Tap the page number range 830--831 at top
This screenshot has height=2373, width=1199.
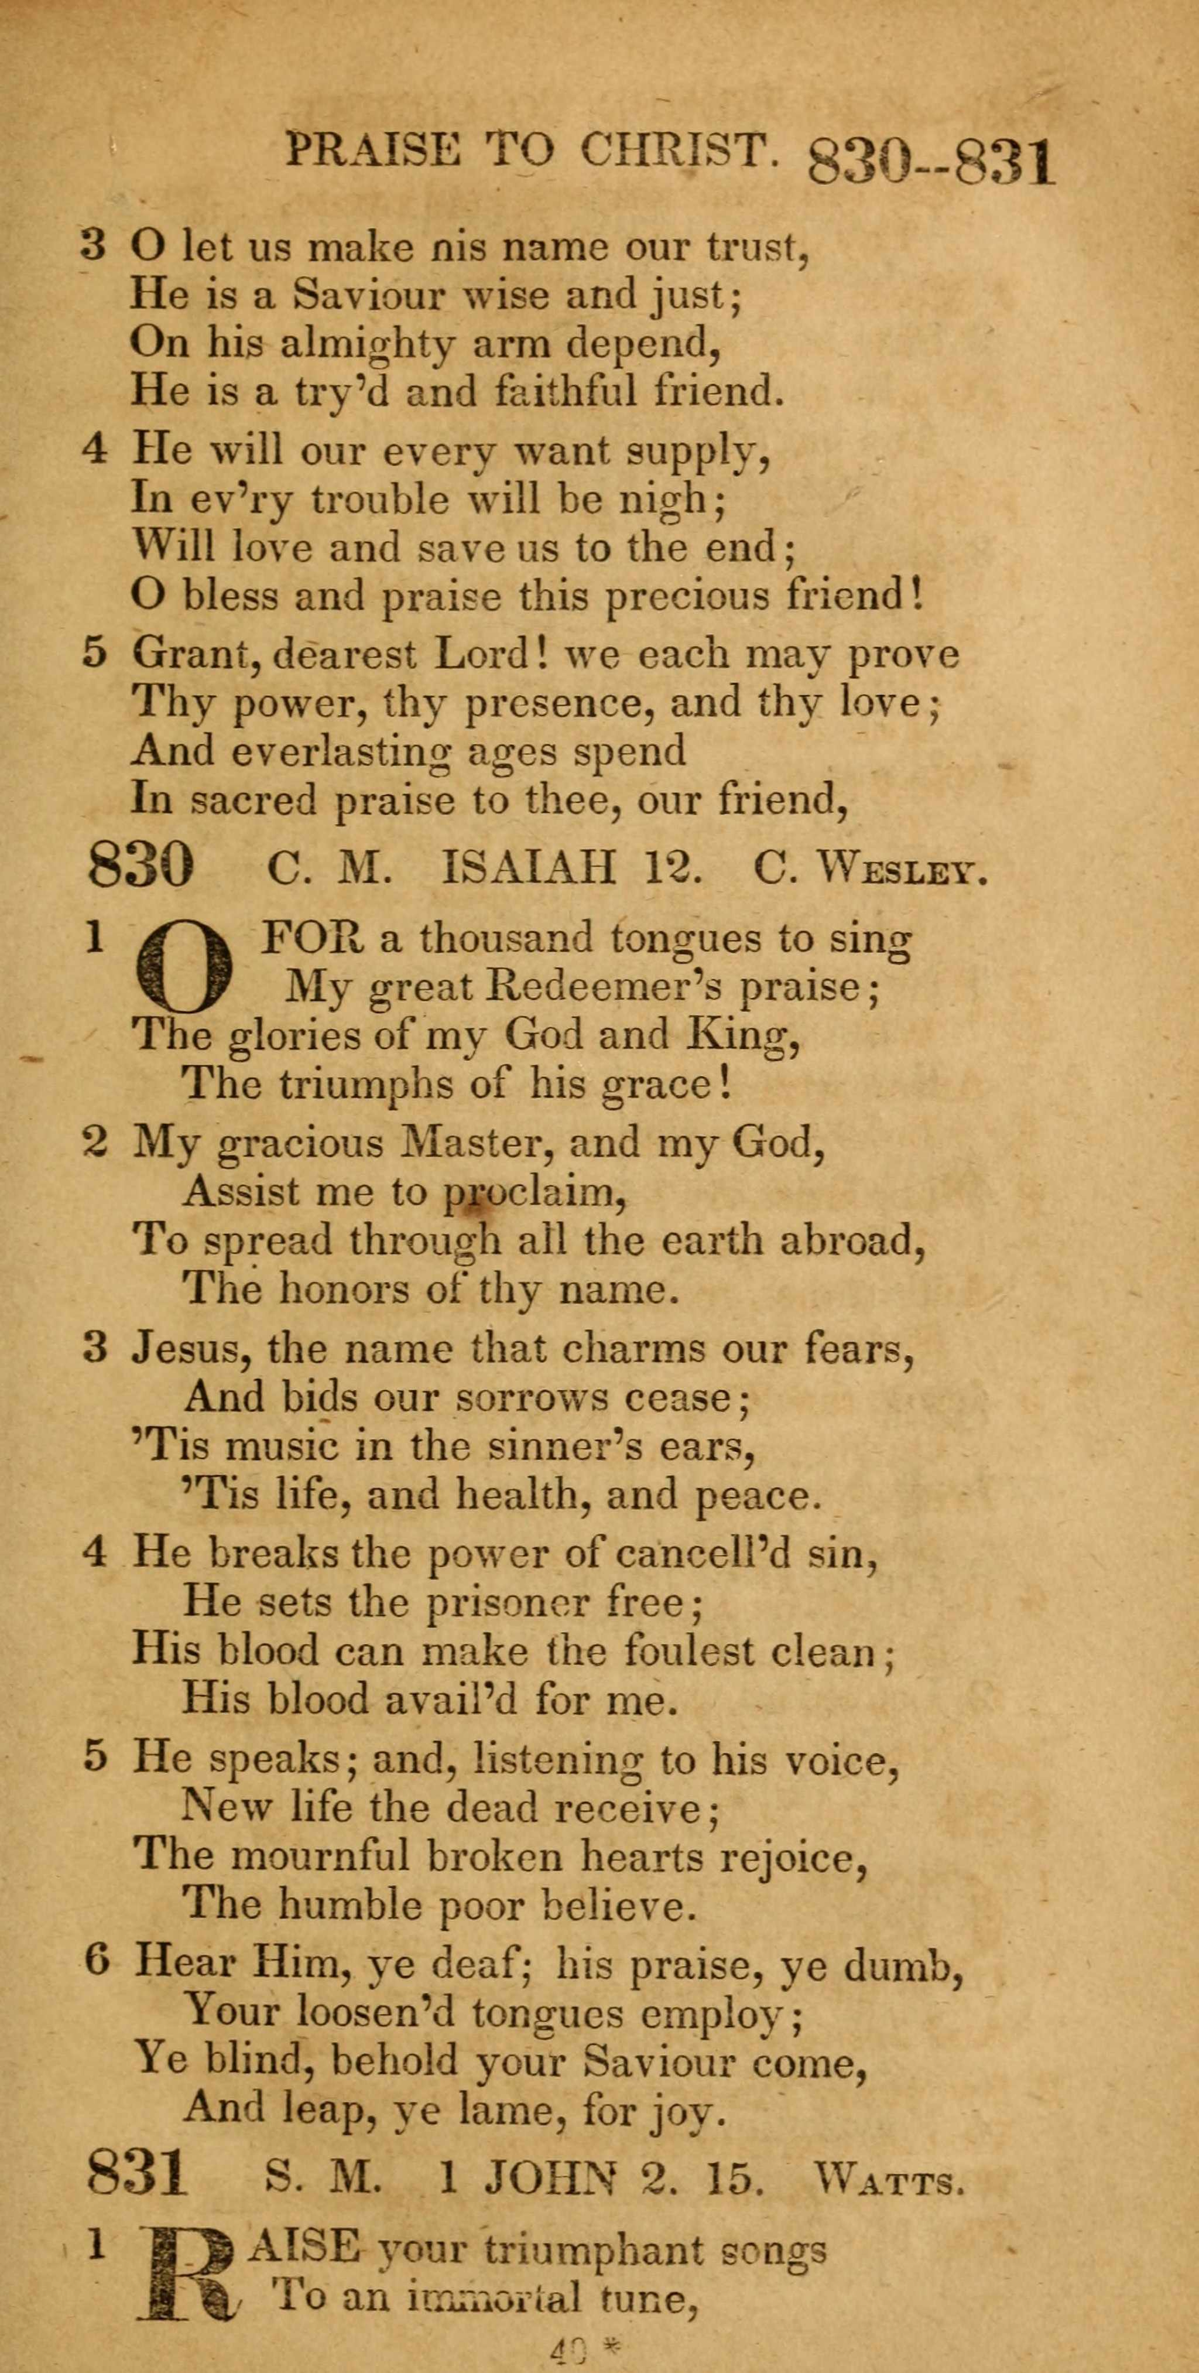pos(929,159)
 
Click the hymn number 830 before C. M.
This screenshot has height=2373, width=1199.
pos(141,867)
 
